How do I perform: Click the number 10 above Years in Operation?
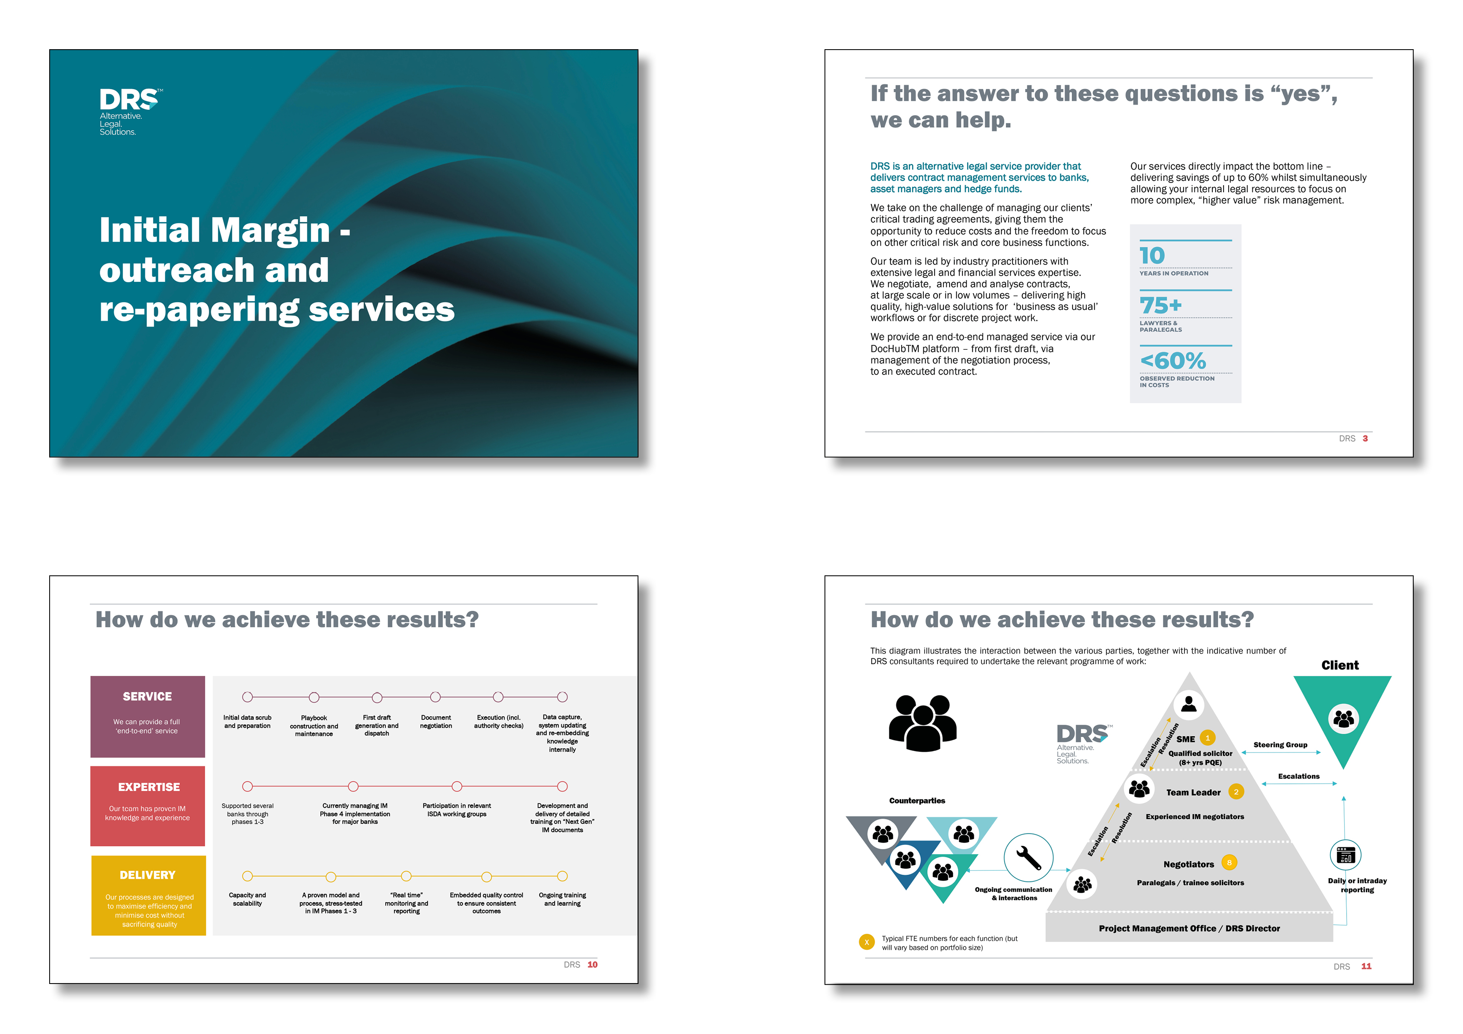tap(1151, 256)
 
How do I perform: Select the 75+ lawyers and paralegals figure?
tap(1160, 306)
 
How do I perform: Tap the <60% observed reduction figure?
tap(1172, 361)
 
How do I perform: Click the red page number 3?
tap(1365, 438)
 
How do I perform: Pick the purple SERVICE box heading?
tap(147, 696)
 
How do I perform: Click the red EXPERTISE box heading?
tap(148, 787)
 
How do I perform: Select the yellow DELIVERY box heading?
tap(147, 875)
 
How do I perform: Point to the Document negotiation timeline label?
tap(436, 721)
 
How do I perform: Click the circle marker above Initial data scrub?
tap(247, 697)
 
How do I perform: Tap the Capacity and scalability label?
tap(247, 899)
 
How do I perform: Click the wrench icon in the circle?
tap(1028, 858)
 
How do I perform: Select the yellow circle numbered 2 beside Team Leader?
tap(1236, 792)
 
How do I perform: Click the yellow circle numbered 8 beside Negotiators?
tap(1229, 863)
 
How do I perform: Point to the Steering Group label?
tap(1280, 745)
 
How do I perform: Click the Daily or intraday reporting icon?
tap(1345, 855)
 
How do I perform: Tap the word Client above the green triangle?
tap(1340, 665)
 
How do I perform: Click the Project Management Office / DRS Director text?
tap(1189, 928)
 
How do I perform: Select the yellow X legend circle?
tap(867, 942)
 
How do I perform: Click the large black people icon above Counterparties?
tap(922, 723)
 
